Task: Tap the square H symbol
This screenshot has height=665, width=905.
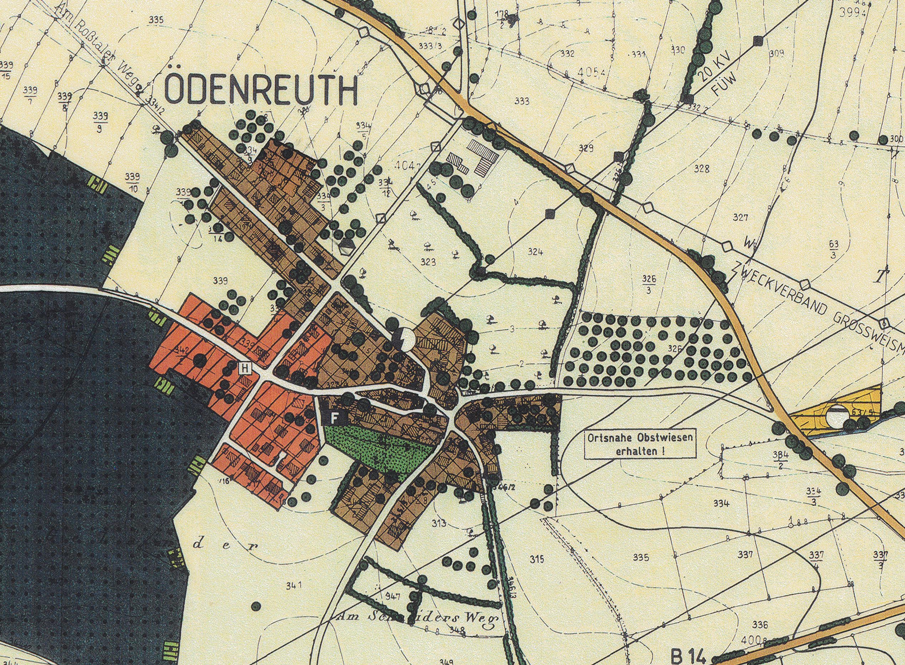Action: click(x=245, y=367)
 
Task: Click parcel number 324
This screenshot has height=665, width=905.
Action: click(x=535, y=252)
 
